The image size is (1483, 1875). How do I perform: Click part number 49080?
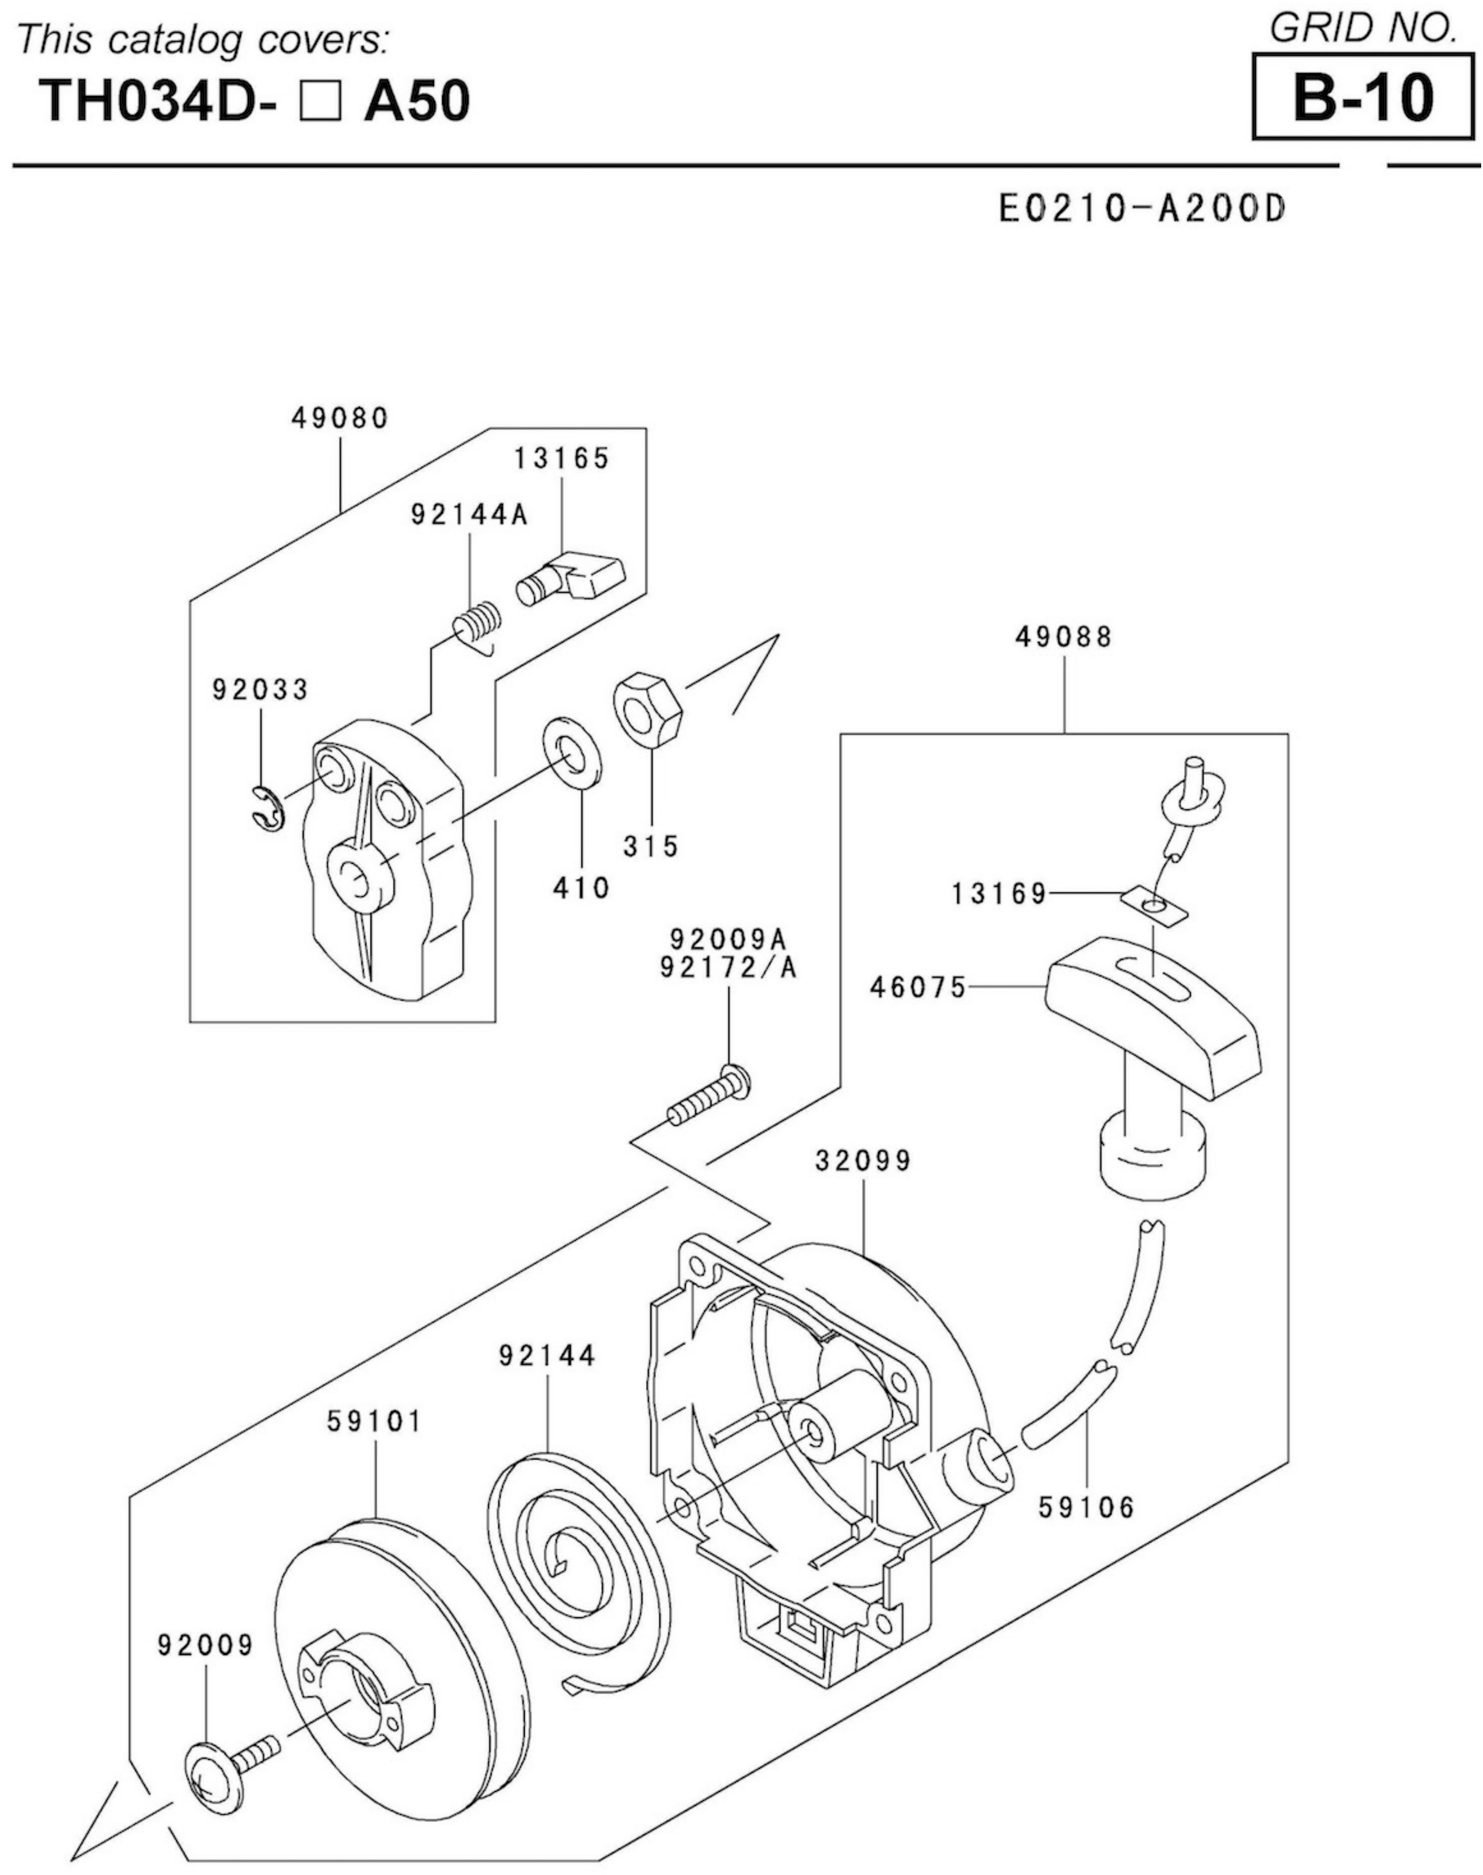click(340, 418)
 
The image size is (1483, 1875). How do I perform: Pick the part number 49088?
click(1064, 637)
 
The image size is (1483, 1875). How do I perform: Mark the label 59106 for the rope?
click(1087, 1507)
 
